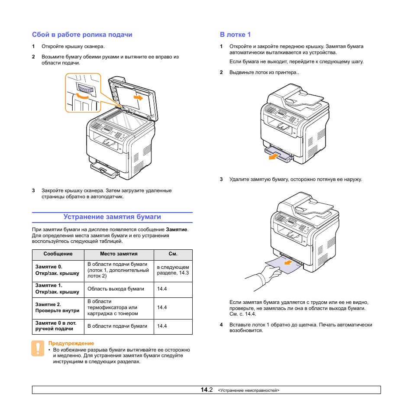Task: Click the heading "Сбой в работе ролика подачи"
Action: (82, 35)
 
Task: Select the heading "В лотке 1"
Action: (235, 35)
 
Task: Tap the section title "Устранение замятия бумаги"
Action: (112, 217)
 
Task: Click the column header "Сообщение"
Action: (58, 255)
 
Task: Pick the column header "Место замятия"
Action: (119, 255)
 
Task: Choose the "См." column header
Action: (173, 255)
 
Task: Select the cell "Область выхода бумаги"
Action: (116, 289)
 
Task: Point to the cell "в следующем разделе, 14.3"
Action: (173, 270)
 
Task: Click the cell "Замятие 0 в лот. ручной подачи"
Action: (56, 326)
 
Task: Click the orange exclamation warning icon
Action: (38, 348)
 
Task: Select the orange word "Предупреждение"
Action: (71, 343)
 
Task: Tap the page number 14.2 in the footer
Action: (206, 390)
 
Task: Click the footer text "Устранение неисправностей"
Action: (249, 390)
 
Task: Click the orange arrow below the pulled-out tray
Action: (272, 157)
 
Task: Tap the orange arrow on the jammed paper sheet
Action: (287, 262)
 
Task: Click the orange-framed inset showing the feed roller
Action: (83, 93)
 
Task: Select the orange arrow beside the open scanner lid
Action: (138, 98)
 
